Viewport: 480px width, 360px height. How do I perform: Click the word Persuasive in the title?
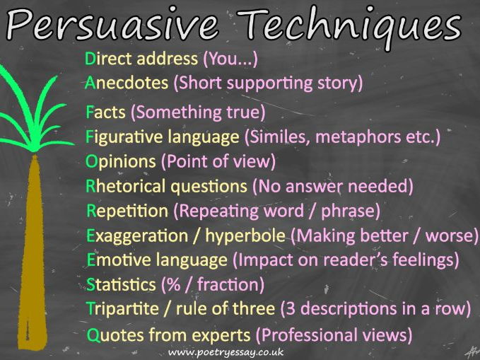(x=112, y=25)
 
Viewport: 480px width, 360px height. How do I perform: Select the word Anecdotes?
(x=127, y=83)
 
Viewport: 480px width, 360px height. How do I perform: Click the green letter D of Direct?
(x=90, y=59)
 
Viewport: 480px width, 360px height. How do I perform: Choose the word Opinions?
(x=121, y=162)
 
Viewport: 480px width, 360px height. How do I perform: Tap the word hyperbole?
(x=245, y=236)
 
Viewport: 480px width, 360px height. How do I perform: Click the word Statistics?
(x=121, y=284)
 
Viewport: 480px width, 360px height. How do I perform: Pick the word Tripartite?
(x=122, y=309)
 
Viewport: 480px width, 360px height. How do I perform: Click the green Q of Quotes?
(x=94, y=335)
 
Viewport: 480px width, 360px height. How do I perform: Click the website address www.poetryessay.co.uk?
(x=226, y=353)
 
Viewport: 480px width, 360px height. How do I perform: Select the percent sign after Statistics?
(x=174, y=284)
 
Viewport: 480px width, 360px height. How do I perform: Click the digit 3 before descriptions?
(x=291, y=309)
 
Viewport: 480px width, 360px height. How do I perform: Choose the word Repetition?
(x=127, y=211)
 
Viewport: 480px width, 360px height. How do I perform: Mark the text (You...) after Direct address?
(x=230, y=59)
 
